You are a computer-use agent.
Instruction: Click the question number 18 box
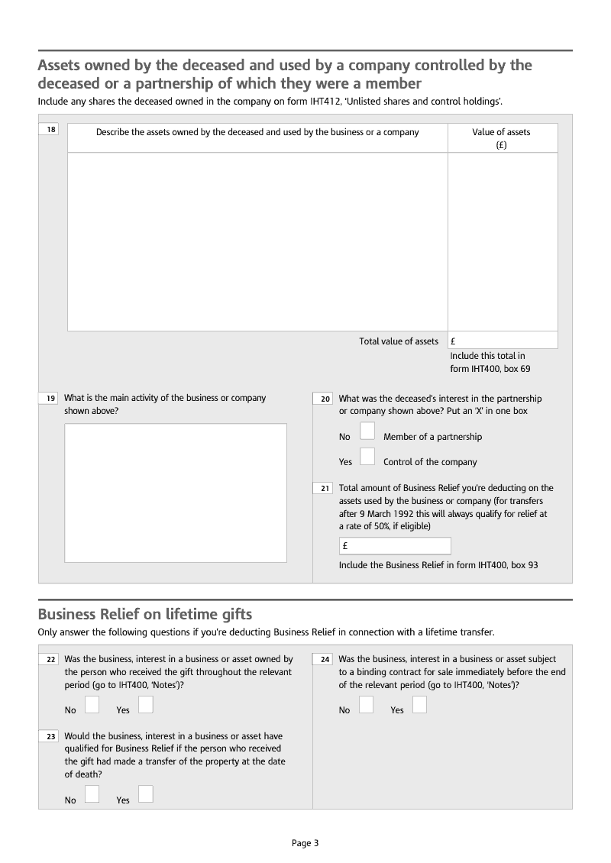50,130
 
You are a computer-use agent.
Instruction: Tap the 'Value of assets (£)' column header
501,138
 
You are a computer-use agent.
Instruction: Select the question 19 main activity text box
175,493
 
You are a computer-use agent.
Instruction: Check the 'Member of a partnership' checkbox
367,431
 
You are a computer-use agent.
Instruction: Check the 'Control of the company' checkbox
367,457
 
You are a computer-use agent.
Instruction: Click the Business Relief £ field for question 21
395,546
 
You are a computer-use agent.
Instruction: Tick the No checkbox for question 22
92,705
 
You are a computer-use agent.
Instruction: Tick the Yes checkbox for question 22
145,705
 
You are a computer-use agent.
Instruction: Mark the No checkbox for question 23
92,794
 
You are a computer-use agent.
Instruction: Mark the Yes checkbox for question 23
145,794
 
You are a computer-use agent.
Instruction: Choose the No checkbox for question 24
366,705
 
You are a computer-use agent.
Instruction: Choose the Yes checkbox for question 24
419,705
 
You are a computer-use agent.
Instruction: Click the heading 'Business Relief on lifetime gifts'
144,614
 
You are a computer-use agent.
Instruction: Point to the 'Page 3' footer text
305,843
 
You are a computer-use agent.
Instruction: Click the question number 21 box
325,488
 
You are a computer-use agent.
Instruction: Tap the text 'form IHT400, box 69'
490,369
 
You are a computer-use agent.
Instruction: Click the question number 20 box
325,399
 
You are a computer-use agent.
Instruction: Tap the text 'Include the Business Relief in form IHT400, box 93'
438,565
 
